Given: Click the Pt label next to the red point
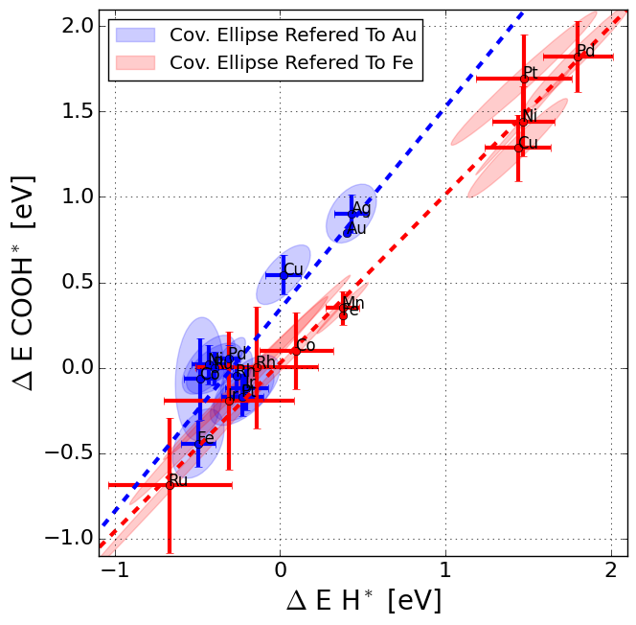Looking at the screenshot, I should pyautogui.click(x=530, y=74).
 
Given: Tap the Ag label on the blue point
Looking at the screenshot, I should pyautogui.click(x=361, y=208).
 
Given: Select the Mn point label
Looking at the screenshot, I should pyautogui.click(x=353, y=304).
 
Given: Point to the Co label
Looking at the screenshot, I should pyautogui.click(x=306, y=345).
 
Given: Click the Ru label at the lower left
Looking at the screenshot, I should pyautogui.click(x=178, y=480).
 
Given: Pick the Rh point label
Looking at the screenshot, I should pyautogui.click(x=265, y=362).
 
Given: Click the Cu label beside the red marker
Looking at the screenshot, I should pyautogui.click(x=528, y=143).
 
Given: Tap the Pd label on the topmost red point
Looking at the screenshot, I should pyautogui.click(x=585, y=51).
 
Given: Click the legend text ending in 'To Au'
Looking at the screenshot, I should pyautogui.click(x=292, y=35).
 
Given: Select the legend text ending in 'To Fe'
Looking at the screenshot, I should pyautogui.click(x=292, y=62).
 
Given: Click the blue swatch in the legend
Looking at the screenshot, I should pyautogui.click(x=136, y=35).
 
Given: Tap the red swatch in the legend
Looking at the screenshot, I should pyautogui.click(x=136, y=62).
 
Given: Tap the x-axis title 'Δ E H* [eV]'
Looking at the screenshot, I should pyautogui.click(x=363, y=601).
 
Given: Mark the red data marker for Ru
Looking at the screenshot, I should pyautogui.click(x=170, y=485).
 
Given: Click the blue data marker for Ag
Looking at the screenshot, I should pyautogui.click(x=352, y=214).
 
